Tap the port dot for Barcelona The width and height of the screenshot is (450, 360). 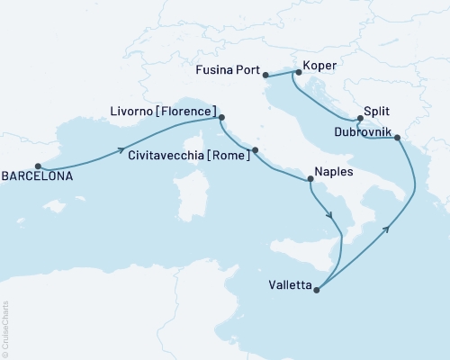[x=38, y=166]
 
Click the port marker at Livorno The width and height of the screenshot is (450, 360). [x=222, y=116]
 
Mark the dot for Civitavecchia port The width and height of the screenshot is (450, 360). [x=255, y=150]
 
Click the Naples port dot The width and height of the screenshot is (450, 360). [x=310, y=181]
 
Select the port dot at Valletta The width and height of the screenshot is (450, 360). [x=317, y=289]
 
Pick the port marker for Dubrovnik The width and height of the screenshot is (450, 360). [x=397, y=138]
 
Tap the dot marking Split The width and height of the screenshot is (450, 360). [x=359, y=119]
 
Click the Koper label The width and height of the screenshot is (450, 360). [x=320, y=65]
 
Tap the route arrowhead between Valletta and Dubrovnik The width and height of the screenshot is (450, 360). [x=385, y=229]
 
